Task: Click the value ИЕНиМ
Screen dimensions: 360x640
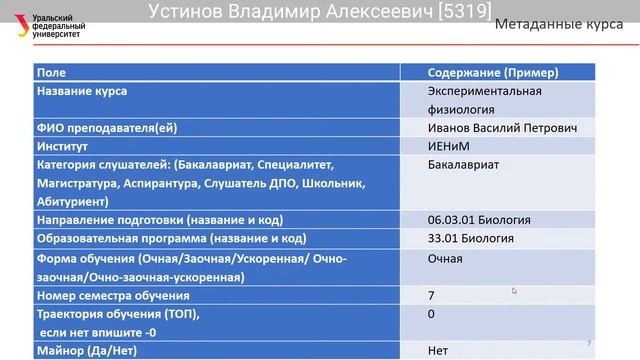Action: [x=446, y=146]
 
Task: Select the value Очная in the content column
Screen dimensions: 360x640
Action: [x=445, y=259]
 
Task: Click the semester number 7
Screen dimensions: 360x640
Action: [x=431, y=296]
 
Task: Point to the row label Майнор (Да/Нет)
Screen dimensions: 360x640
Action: [x=86, y=351]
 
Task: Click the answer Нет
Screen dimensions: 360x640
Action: [x=437, y=351]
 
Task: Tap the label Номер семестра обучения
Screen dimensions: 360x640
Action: [x=112, y=296]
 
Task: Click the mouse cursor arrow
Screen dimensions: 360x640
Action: [x=515, y=291]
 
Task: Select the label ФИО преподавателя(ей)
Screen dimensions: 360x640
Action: [x=108, y=128]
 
